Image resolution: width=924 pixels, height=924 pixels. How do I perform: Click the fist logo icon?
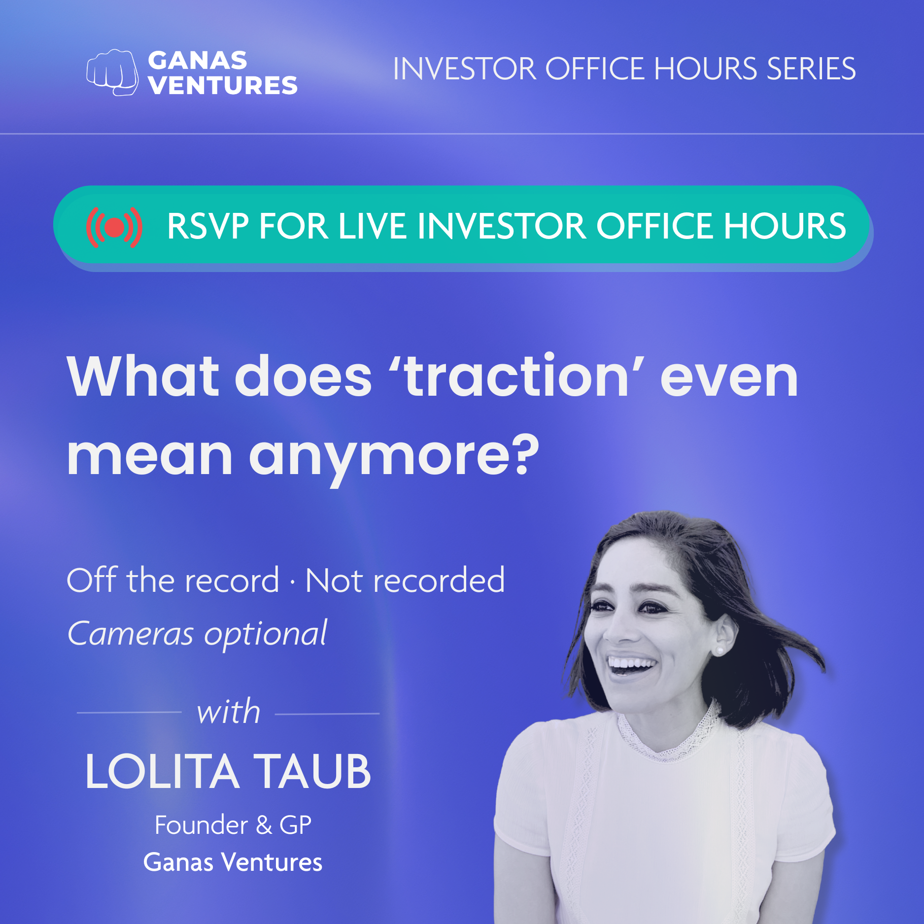point(112,72)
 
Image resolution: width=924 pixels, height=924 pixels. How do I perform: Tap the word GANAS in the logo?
point(198,61)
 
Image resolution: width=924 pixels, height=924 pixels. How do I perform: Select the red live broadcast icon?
point(114,227)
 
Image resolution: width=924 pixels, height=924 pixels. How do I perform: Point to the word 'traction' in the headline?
point(516,376)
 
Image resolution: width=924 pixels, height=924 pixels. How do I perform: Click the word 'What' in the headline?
point(143,376)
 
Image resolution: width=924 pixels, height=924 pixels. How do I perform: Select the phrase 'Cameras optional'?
point(197,634)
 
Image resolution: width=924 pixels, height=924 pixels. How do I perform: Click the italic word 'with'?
point(229,712)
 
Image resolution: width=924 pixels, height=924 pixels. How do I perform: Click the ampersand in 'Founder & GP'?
point(264,825)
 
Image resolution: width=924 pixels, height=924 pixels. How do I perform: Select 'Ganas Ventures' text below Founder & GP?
point(233,862)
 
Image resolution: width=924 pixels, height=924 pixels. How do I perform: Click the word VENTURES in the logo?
point(223,85)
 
